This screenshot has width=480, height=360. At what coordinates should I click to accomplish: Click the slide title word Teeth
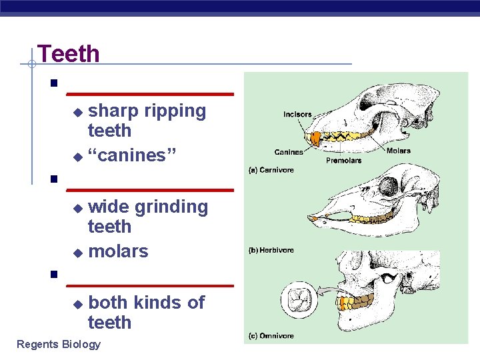point(69,53)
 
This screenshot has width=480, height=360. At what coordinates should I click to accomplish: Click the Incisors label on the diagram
point(297,114)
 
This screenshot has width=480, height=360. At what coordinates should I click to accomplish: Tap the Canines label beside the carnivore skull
point(289,152)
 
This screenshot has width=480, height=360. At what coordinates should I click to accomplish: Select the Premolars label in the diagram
point(344,160)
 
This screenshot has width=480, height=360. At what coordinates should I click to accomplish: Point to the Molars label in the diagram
point(399,151)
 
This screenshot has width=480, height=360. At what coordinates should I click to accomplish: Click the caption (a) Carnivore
point(271,170)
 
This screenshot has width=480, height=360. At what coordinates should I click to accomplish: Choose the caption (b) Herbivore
point(271,250)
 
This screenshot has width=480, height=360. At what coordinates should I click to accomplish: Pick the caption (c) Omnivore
point(271,336)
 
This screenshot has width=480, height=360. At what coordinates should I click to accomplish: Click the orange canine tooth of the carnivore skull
point(316,138)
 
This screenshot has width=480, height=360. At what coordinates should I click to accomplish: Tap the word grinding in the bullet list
point(171,207)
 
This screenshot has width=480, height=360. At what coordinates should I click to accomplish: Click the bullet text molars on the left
point(118,251)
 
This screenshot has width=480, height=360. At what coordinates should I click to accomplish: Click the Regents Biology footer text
point(59,344)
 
